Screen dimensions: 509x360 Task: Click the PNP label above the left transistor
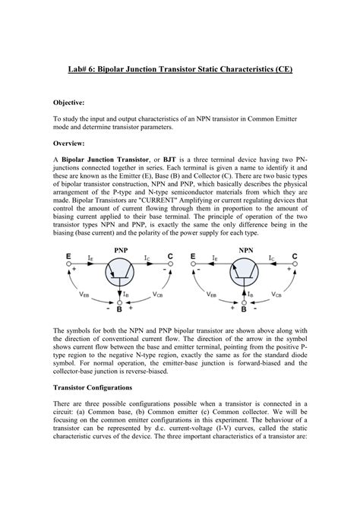click(121, 248)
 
